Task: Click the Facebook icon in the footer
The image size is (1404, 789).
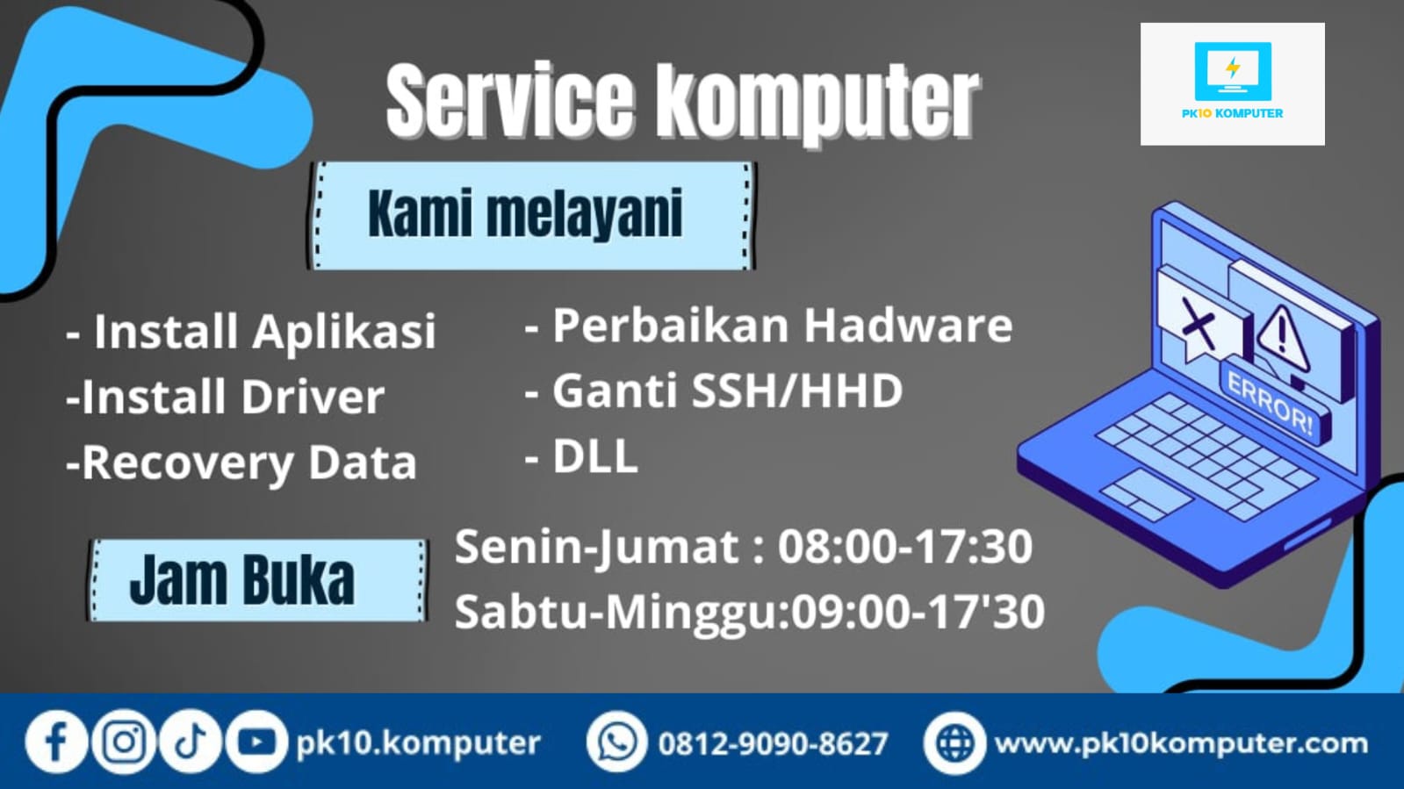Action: click(56, 742)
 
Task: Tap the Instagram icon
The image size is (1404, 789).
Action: click(124, 742)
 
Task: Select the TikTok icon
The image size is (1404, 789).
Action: click(190, 742)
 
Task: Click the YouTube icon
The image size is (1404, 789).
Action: click(256, 742)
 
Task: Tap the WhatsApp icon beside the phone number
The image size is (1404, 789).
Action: click(616, 742)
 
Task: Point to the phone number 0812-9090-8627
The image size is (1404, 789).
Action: click(773, 744)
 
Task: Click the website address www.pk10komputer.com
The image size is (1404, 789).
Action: click(1181, 744)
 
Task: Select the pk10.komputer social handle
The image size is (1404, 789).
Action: click(418, 744)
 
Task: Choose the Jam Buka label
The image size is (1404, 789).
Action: click(242, 580)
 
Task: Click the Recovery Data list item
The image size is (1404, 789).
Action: click(241, 463)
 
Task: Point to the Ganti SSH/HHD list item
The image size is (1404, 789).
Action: click(713, 391)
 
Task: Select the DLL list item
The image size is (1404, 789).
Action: click(581, 455)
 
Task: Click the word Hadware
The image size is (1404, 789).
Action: click(908, 326)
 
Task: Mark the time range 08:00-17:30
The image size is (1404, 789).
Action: click(905, 547)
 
